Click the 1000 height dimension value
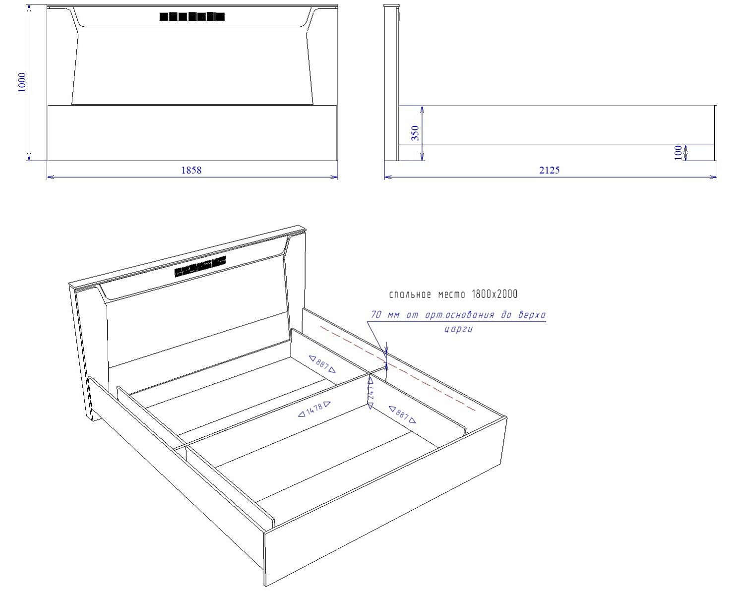point(22,82)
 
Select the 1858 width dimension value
point(191,170)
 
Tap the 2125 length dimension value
point(550,170)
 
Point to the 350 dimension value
point(415,133)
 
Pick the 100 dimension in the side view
point(679,153)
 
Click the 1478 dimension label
point(314,409)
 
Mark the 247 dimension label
point(371,393)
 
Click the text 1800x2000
point(495,294)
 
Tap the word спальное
point(410,295)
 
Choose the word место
point(452,295)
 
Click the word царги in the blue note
point(458,329)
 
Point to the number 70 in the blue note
point(376,314)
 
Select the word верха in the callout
point(532,314)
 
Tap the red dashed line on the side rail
point(398,368)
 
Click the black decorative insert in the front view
point(192,16)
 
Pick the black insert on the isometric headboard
point(200,266)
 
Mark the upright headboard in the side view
point(391,83)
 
